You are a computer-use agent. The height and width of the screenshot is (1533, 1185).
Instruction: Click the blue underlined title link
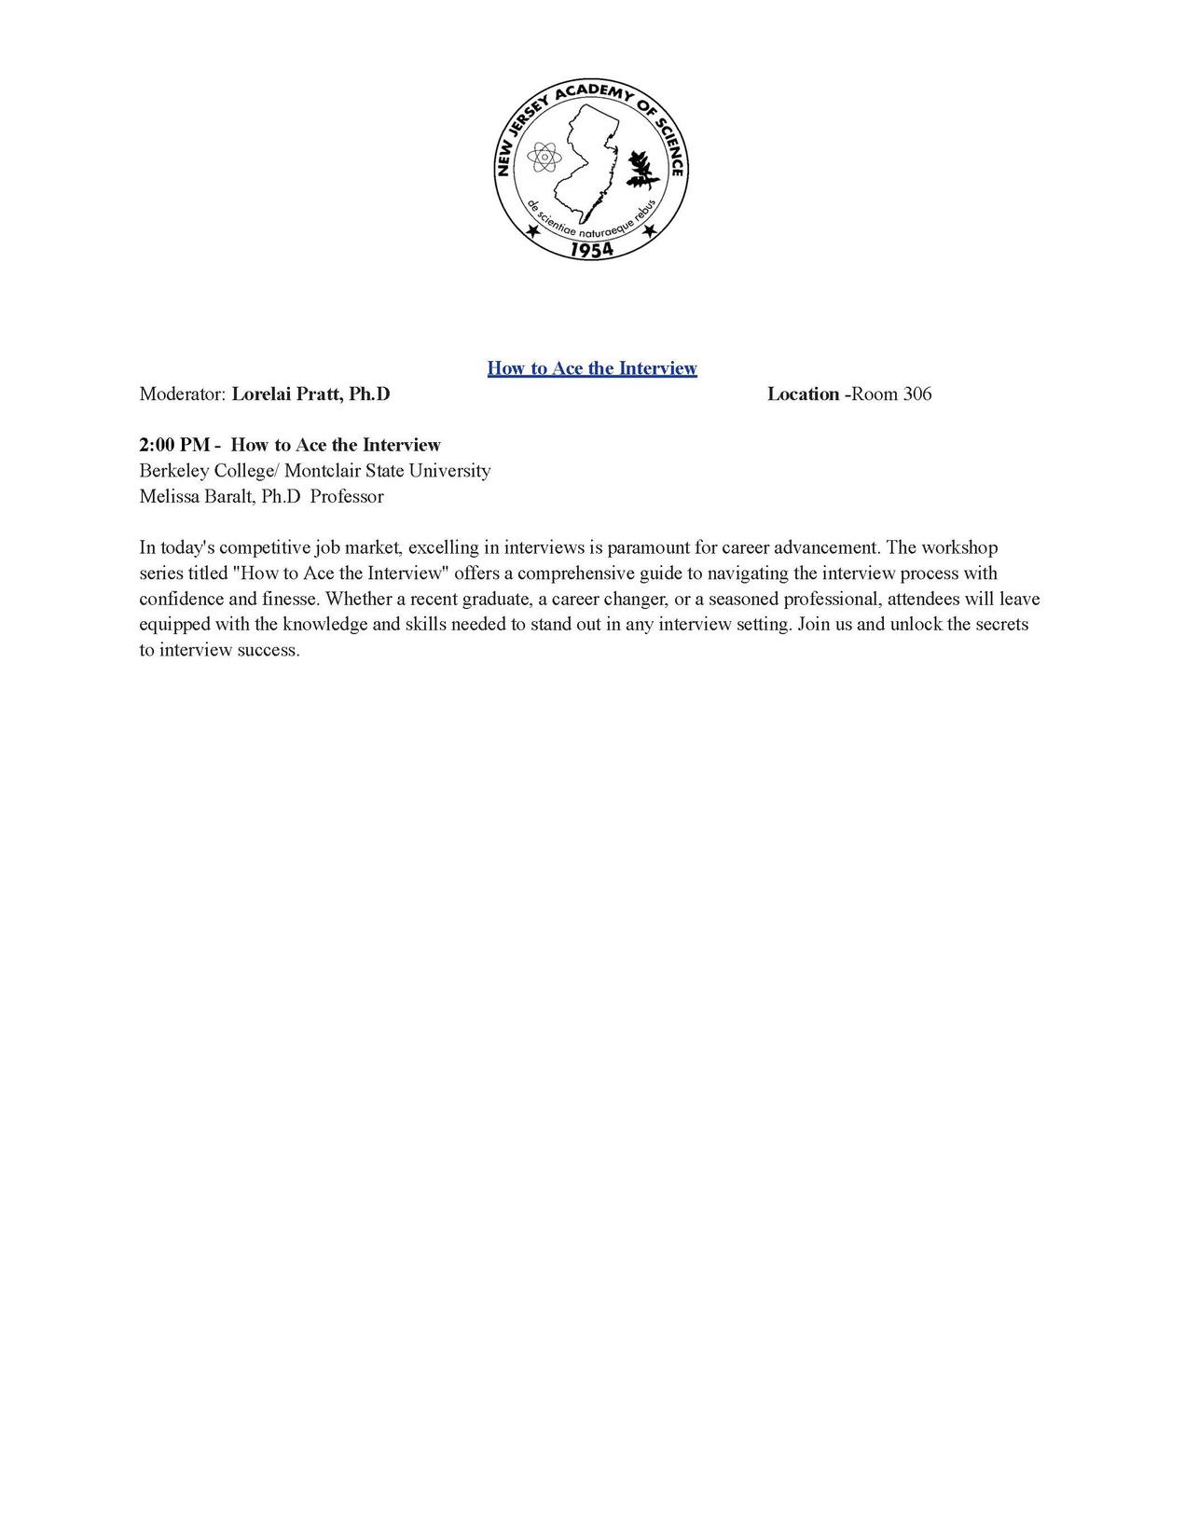[591, 368]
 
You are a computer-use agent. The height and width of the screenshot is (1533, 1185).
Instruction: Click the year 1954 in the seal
[591, 249]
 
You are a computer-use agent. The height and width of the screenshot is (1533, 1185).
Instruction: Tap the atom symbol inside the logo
[543, 158]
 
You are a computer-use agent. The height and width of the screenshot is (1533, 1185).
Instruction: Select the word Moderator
[181, 394]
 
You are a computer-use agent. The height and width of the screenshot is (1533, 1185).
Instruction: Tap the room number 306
[916, 394]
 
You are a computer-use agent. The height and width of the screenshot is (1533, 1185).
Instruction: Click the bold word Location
[803, 394]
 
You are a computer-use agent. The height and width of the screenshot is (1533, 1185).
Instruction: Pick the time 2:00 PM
[174, 446]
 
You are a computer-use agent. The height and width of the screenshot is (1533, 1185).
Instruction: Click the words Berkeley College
[205, 471]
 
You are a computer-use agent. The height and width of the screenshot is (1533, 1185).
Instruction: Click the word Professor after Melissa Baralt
[347, 497]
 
